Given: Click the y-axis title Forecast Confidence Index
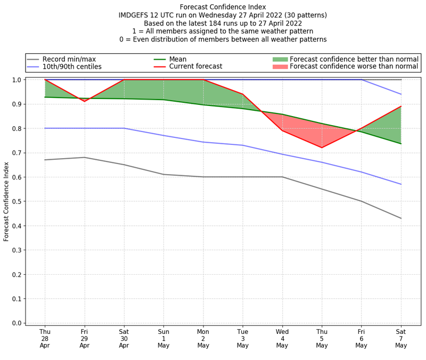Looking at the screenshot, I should pos(6,201).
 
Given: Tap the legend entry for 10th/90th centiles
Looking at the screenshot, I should pos(72,67).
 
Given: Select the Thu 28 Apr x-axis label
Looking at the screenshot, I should pos(45,338).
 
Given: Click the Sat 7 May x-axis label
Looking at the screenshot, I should pos(400,338).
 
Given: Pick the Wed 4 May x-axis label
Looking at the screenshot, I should pos(282,338).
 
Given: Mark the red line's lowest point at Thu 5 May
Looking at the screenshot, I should pos(322,148).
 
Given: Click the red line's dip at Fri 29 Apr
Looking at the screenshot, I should pos(84,101).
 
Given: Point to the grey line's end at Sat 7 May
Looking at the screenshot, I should pos(400,218).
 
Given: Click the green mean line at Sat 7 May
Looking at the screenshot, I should pos(400,144).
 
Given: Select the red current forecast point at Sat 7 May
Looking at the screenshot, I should pos(400,107).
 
